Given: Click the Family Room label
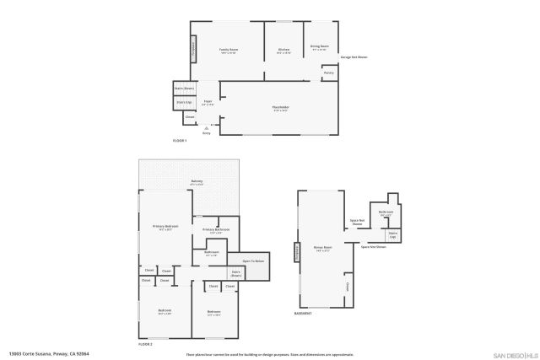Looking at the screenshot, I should [228, 51].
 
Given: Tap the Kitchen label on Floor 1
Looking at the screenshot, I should [284, 51].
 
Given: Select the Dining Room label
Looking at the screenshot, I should [320, 47].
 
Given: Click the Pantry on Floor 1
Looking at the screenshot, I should [328, 73].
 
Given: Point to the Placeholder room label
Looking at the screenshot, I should [281, 107].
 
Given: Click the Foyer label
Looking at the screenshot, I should [208, 102].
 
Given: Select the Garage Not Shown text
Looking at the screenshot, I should [354, 57].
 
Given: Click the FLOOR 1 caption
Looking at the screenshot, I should [180, 140].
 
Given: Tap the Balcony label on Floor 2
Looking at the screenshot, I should [197, 180].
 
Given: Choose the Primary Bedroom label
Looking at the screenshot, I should [165, 228].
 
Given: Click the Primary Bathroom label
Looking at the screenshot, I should [216, 230].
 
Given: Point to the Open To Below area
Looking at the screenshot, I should [254, 262].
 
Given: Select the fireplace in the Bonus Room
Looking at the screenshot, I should [297, 252].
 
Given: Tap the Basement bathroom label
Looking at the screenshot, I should [386, 213].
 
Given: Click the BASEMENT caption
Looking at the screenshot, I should [304, 313].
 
